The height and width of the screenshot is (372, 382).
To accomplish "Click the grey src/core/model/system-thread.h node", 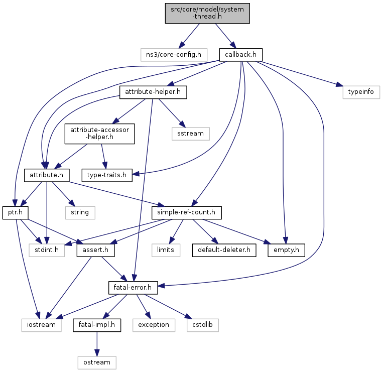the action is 207,14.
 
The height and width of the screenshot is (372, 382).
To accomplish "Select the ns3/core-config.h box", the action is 174,55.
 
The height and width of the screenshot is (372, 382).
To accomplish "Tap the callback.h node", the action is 241,55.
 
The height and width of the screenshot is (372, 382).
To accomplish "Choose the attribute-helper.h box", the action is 153,92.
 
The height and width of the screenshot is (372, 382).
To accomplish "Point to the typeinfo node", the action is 361,92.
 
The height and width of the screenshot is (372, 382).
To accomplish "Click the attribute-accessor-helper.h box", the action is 100,134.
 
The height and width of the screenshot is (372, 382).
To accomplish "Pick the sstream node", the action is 191,134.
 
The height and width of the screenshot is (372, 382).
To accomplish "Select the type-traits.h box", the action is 107,175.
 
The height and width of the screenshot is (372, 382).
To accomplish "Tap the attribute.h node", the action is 47,175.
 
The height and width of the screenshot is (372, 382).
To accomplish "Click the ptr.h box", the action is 16,213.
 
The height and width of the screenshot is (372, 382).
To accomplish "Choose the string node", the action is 80,213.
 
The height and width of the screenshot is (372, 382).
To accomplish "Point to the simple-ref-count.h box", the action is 186,213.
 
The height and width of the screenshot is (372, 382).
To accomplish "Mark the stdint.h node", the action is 47,250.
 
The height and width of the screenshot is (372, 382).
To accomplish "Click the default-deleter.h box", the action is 224,250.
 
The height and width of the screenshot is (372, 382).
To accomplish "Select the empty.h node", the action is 286,250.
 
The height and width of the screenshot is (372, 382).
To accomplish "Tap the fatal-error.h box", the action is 133,288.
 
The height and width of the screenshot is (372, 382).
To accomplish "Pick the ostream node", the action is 97,363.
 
